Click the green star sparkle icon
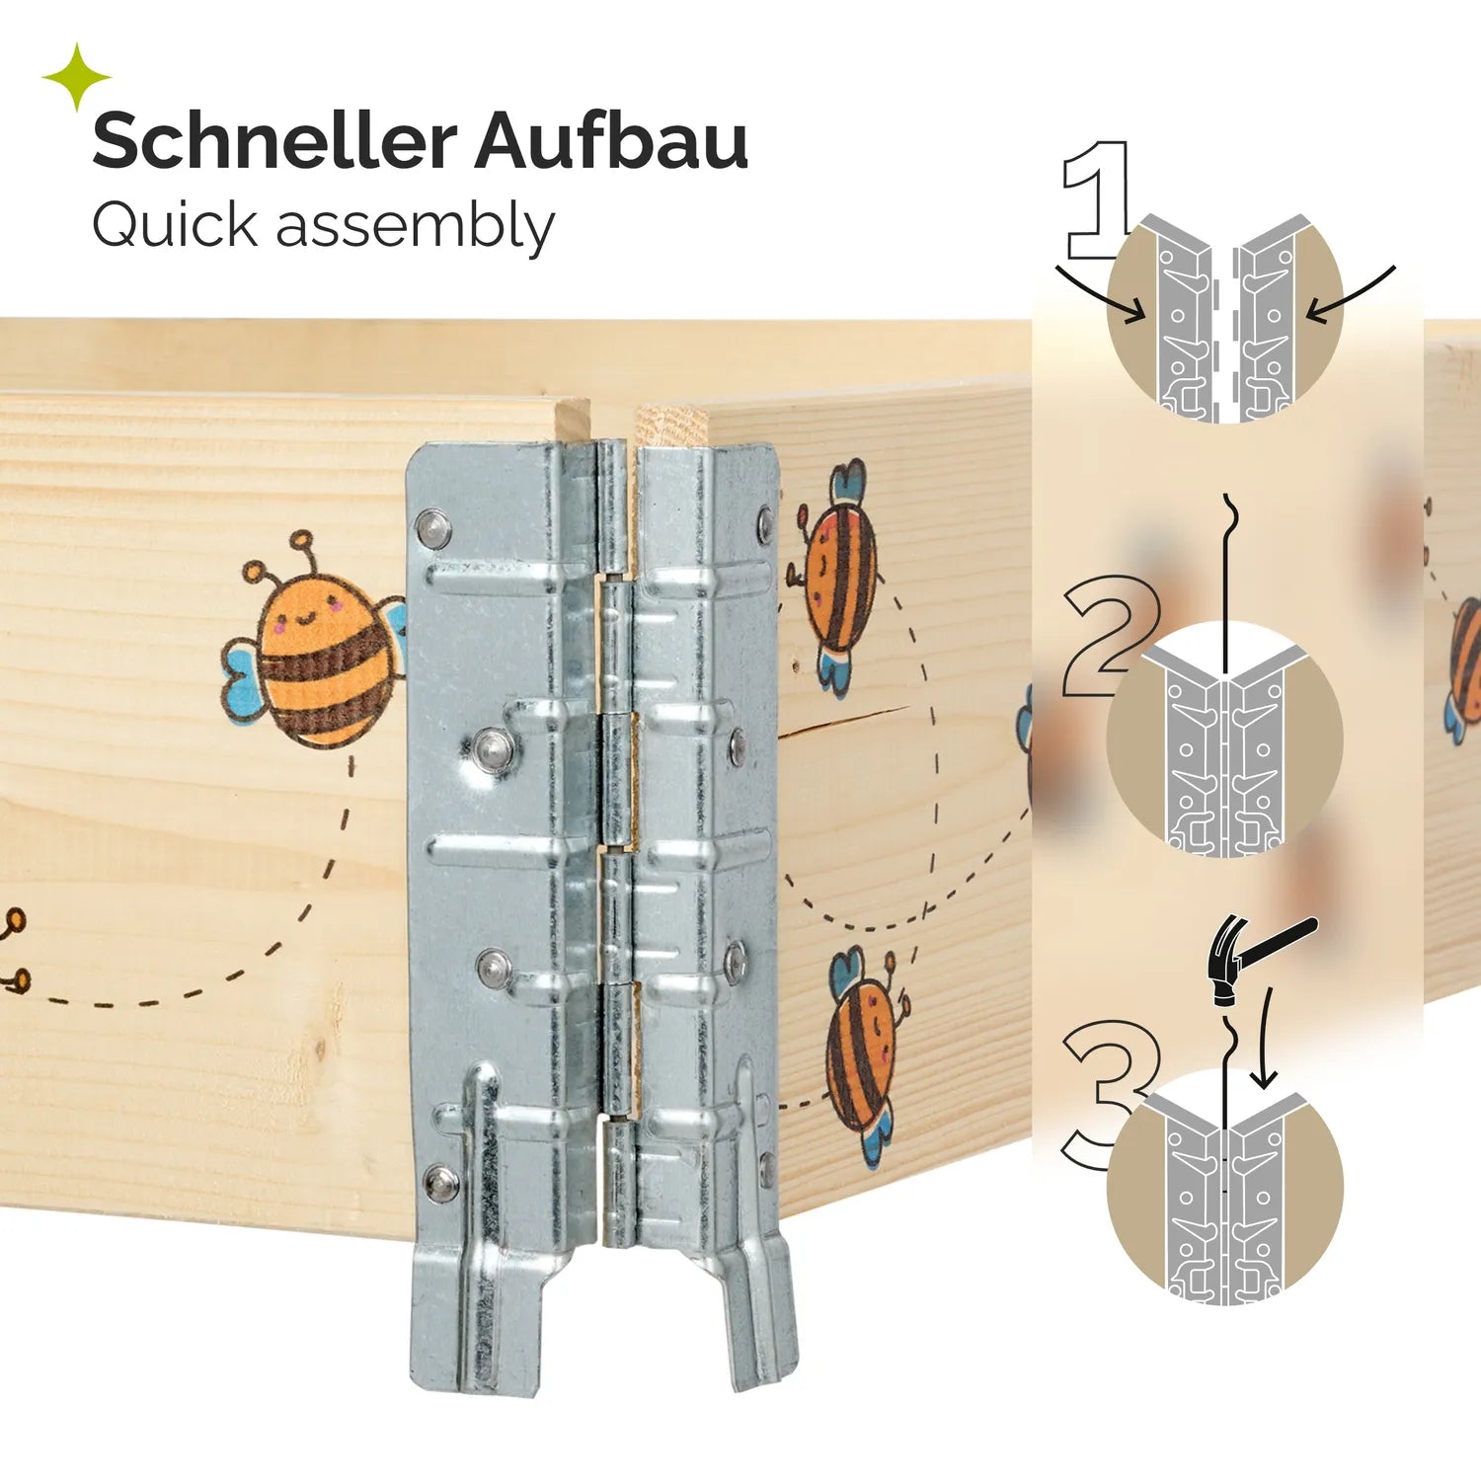pyautogui.click(x=77, y=77)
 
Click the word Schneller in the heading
pyautogui.click(x=274, y=141)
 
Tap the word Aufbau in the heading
pyautogui.click(x=611, y=141)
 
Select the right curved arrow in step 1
pyautogui.click(x=1351, y=294)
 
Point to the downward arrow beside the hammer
pyautogui.click(x=1265, y=1037)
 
